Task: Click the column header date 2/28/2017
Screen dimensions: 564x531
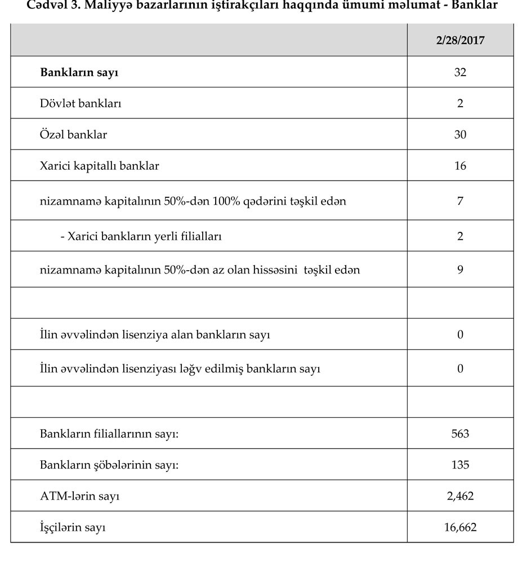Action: (x=460, y=41)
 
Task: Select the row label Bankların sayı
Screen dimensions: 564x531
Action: (x=79, y=72)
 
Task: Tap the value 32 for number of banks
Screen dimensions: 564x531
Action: (x=460, y=72)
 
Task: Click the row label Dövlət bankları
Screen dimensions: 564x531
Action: (x=81, y=104)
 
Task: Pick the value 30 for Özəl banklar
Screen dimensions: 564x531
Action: (x=460, y=135)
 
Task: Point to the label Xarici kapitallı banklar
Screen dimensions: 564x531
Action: (x=100, y=166)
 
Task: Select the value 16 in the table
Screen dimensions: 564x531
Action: (x=460, y=166)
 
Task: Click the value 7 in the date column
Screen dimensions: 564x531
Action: (x=460, y=201)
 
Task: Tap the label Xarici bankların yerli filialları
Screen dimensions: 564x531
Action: (x=141, y=236)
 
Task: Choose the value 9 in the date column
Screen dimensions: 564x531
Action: (x=460, y=270)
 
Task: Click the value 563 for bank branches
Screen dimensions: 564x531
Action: (x=460, y=434)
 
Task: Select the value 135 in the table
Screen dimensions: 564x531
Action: (x=460, y=465)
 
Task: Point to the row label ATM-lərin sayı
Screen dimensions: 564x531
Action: (x=79, y=496)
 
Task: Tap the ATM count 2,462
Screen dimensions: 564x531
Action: (x=460, y=496)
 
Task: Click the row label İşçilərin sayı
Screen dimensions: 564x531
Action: (x=73, y=528)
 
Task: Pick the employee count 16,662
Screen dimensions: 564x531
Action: (x=460, y=528)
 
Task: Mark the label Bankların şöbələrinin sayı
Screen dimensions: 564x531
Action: (x=113, y=465)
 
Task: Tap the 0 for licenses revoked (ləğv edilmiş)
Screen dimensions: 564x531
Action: (x=460, y=369)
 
